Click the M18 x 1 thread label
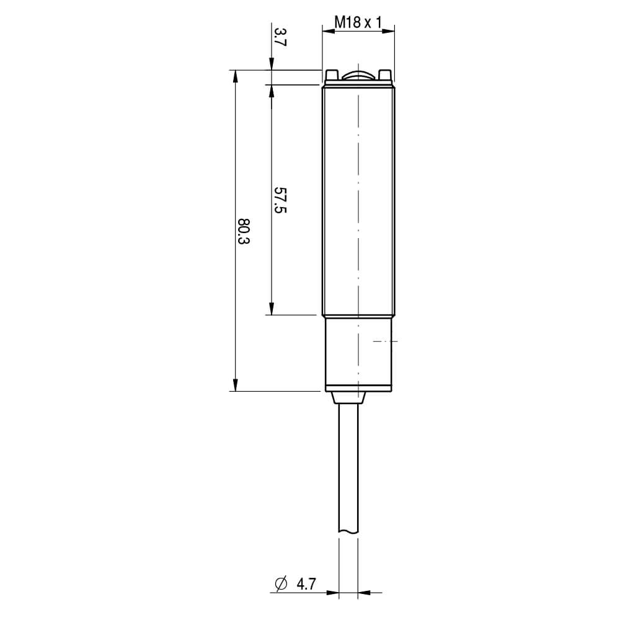tap(358, 22)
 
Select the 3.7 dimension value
tap(280, 37)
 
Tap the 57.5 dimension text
tap(280, 200)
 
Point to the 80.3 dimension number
tap(244, 231)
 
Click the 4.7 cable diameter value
tap(306, 583)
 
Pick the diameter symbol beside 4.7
tap(281, 583)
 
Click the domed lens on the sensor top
tap(358, 76)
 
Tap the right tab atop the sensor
tap(385, 75)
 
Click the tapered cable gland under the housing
tap(348, 398)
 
